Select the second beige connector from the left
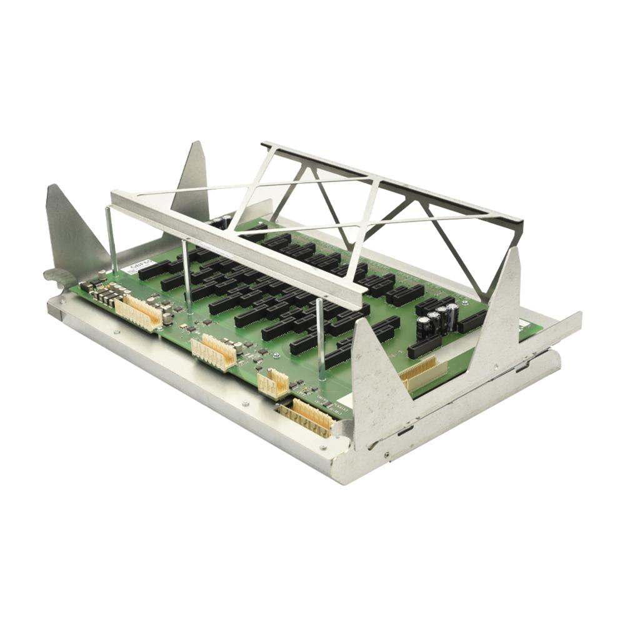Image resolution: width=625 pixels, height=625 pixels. tap(214, 352)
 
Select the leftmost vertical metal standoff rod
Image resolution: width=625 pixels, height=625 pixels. tap(111, 241)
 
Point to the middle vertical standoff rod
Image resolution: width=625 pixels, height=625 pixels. tap(186, 275)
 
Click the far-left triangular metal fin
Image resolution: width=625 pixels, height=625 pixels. tap(72, 231)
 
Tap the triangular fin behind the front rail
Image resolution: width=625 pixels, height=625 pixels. tap(192, 181)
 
